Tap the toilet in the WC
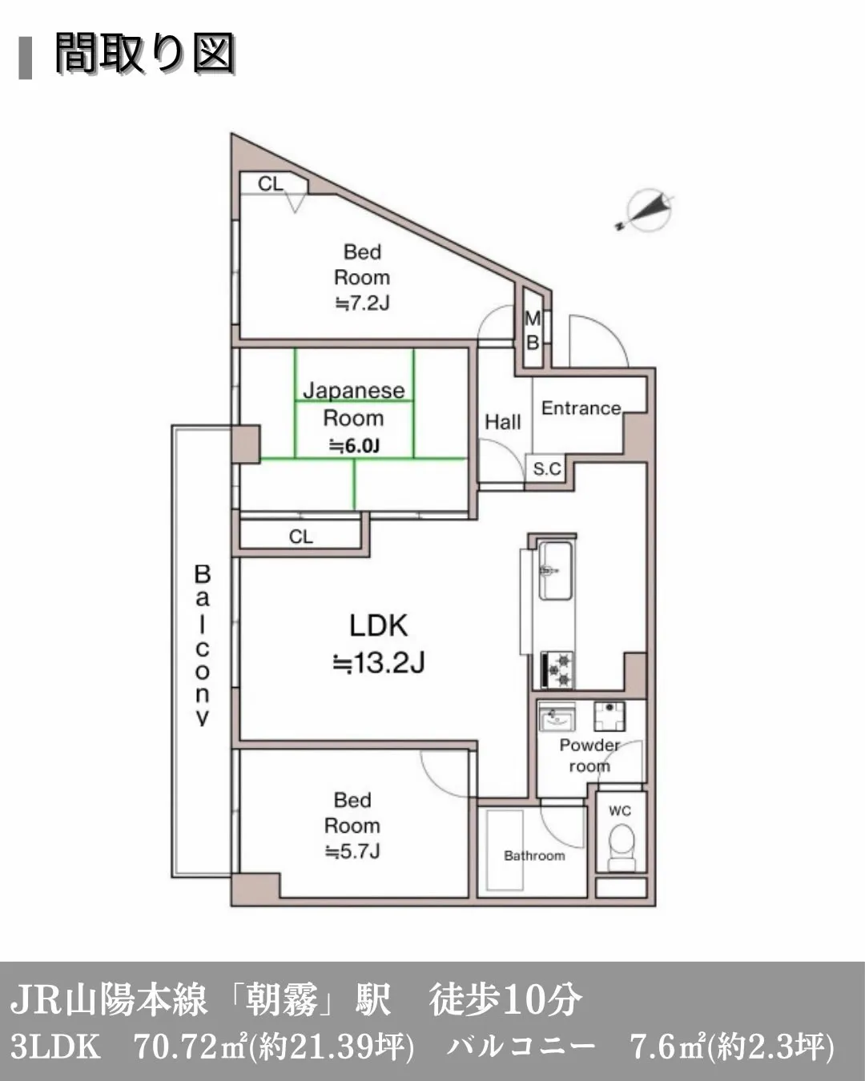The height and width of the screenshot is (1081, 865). pyautogui.click(x=621, y=849)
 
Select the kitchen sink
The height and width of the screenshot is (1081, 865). pyautogui.click(x=555, y=571)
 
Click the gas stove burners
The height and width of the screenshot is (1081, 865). pyautogui.click(x=557, y=670)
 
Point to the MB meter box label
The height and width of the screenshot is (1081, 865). pyautogui.click(x=533, y=330)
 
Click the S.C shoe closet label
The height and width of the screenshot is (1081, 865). pyautogui.click(x=547, y=468)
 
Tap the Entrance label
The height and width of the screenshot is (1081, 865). pyautogui.click(x=581, y=408)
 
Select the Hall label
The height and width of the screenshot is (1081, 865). pyautogui.click(x=503, y=422)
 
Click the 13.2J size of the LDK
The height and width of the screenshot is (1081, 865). pyautogui.click(x=379, y=664)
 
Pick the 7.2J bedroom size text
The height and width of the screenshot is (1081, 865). pyautogui.click(x=362, y=303)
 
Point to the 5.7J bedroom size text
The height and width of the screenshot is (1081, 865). pyautogui.click(x=352, y=851)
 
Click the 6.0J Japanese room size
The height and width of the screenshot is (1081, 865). pyautogui.click(x=354, y=445)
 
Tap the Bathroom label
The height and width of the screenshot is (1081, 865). pyautogui.click(x=534, y=855)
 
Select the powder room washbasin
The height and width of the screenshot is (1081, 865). pyautogui.click(x=557, y=716)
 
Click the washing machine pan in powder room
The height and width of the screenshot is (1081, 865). pyautogui.click(x=610, y=716)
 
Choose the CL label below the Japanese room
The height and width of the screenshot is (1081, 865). pyautogui.click(x=300, y=536)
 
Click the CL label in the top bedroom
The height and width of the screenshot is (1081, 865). pyautogui.click(x=271, y=184)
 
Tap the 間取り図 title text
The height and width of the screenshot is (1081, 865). pyautogui.click(x=145, y=54)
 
